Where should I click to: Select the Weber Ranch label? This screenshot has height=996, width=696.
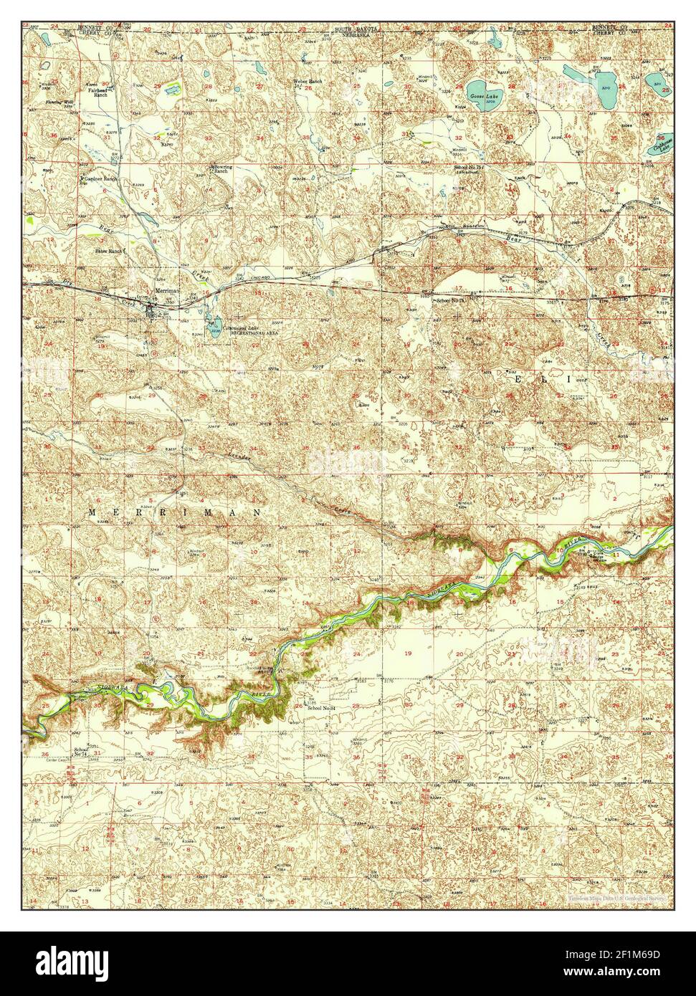[308, 82]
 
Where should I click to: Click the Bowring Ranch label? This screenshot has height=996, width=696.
[221, 169]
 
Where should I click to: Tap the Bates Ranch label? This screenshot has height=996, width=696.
[110, 252]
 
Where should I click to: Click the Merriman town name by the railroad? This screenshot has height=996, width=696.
[166, 291]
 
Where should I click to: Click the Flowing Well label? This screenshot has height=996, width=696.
[59, 102]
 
